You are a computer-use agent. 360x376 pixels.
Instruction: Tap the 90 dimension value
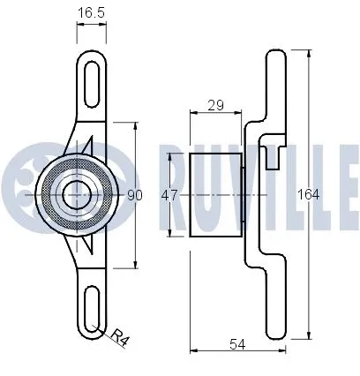coord(135,195)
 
